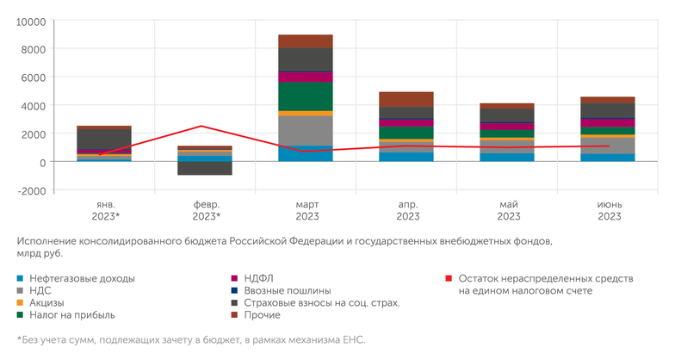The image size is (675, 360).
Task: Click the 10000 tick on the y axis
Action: pos(30,21)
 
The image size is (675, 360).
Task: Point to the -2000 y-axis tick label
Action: pos(30,190)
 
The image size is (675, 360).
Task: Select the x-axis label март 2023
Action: pos(305,210)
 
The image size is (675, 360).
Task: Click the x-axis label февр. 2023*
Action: pos(204,210)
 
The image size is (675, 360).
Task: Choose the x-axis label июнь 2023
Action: pos(609,210)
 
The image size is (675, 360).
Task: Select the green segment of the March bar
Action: pos(305,96)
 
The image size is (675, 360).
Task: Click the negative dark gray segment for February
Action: pos(204,168)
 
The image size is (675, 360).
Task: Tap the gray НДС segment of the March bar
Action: pos(305,130)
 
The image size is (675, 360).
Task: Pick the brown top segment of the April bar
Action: pos(406,99)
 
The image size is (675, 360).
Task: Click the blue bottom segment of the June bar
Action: pos(609,158)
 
